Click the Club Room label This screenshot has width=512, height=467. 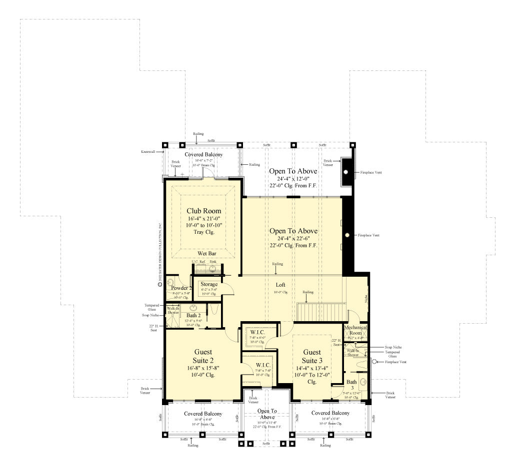[x=203, y=211]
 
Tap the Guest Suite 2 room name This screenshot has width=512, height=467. [x=203, y=356]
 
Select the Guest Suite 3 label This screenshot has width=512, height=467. [x=312, y=356]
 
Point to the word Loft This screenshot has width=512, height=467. [x=280, y=285]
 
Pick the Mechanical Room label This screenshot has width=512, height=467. [x=356, y=330]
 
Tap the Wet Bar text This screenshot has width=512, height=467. [x=206, y=254]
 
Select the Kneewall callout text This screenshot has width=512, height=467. [x=148, y=150]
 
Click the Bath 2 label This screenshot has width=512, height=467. [x=193, y=316]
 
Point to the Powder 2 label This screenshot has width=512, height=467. [x=180, y=288]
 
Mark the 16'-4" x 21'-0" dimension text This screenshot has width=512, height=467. [x=203, y=219]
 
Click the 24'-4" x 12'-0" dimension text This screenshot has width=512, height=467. [x=293, y=178]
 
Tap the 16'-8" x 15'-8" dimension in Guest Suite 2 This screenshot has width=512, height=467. [x=203, y=368]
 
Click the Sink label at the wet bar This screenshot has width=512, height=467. [x=213, y=261]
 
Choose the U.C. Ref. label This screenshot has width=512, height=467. [x=198, y=261]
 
